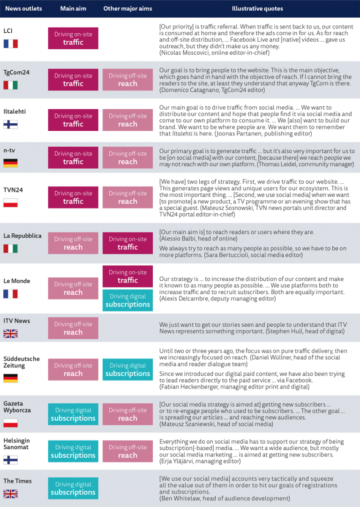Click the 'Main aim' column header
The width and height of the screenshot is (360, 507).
click(73, 8)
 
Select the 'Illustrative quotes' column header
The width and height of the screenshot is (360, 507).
click(257, 8)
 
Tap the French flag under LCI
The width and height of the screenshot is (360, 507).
click(10, 44)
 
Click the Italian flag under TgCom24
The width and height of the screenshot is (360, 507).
click(10, 85)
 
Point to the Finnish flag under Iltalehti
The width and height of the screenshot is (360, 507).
click(10, 124)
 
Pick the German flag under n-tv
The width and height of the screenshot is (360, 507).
click(10, 163)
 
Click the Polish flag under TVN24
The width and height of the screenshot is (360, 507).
click(10, 202)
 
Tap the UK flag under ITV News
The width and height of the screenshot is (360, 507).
click(10, 334)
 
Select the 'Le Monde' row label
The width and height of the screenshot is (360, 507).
click(16, 281)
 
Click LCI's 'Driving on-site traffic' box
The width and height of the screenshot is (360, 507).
click(73, 38)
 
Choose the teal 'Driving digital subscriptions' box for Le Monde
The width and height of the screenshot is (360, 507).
click(127, 300)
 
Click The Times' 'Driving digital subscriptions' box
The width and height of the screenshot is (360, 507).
click(73, 488)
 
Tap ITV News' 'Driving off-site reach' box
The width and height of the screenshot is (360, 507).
click(73, 328)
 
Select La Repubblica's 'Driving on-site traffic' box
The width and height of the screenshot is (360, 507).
click(127, 243)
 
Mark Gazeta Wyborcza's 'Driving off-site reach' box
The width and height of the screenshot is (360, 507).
click(127, 414)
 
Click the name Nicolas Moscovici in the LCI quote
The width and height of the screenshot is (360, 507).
click(186, 53)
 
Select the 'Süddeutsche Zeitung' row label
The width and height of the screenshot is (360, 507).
click(21, 362)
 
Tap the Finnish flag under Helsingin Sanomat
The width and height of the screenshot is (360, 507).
click(10, 460)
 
